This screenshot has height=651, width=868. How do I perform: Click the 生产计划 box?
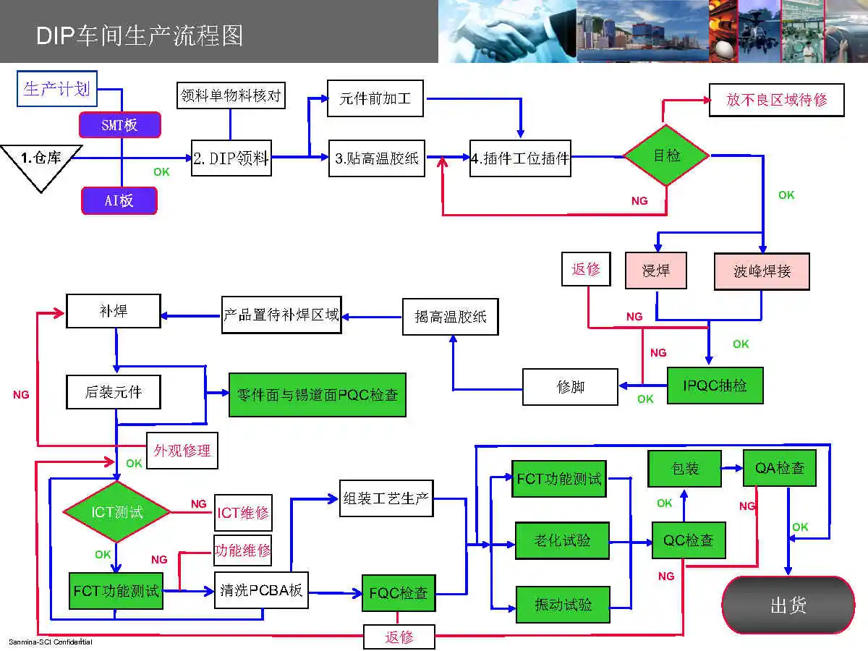(56, 89)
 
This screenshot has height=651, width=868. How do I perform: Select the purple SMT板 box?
(119, 125)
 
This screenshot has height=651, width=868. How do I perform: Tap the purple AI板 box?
(119, 200)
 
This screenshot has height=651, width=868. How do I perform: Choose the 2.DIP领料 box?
(231, 158)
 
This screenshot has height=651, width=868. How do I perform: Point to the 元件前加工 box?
(375, 98)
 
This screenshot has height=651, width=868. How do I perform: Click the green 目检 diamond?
(666, 156)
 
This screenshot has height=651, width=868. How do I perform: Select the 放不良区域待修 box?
(776, 100)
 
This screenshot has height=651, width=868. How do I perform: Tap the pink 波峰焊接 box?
(762, 271)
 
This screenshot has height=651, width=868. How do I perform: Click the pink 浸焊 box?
(655, 271)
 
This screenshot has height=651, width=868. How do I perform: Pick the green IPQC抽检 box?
(715, 386)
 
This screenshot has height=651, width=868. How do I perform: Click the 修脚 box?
(570, 387)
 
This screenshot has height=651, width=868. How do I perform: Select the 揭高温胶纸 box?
(450, 317)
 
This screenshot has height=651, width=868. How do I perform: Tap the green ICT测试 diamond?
(116, 512)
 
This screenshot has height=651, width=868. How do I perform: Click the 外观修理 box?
(182, 451)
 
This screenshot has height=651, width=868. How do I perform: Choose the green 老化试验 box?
(562, 540)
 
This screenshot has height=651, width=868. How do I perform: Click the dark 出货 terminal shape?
(788, 605)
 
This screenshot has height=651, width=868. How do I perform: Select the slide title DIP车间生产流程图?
(140, 35)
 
